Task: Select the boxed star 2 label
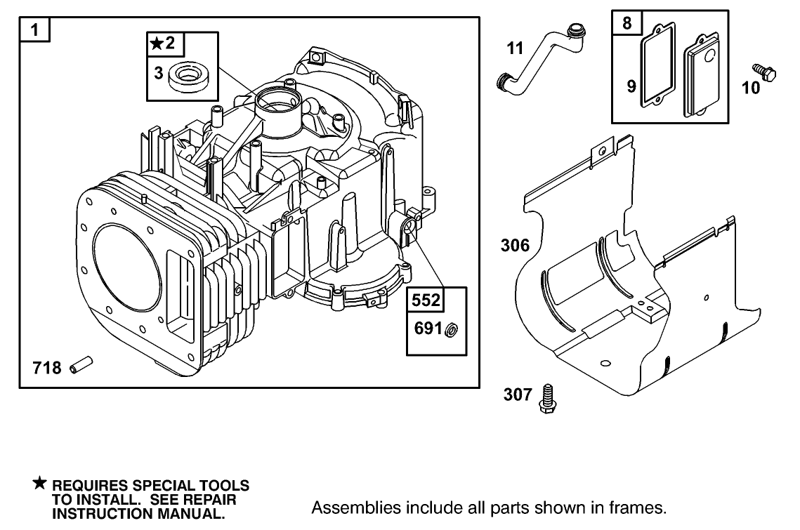[x=165, y=45]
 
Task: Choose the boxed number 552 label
[x=426, y=300]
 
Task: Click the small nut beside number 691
[x=453, y=329]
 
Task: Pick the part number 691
[x=427, y=329]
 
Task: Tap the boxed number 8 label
[x=627, y=23]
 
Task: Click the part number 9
[x=631, y=86]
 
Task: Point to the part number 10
[x=751, y=88]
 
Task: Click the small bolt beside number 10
[x=764, y=70]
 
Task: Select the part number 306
[x=515, y=246]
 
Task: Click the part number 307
[x=518, y=395]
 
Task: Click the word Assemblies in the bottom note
[x=345, y=507]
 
